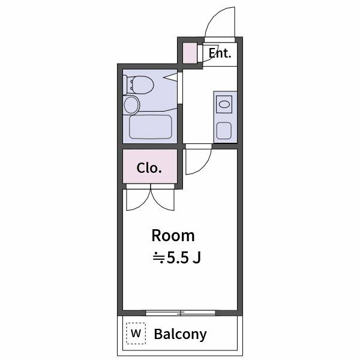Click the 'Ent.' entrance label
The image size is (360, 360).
(220, 53)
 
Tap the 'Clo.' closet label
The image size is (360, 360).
(149, 168)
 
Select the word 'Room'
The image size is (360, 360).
(173, 235)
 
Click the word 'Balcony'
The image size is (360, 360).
(180, 334)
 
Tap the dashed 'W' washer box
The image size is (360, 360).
(136, 333)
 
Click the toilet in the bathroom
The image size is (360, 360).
(140, 85)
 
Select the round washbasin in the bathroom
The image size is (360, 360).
(131, 106)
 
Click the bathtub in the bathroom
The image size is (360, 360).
(151, 127)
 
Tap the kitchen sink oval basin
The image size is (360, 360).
(224, 104)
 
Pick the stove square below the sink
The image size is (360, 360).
(224, 130)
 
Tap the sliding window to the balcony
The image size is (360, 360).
(181, 313)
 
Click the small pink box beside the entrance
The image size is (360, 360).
(190, 53)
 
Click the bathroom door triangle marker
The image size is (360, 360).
(173, 77)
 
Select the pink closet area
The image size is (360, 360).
(150, 167)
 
